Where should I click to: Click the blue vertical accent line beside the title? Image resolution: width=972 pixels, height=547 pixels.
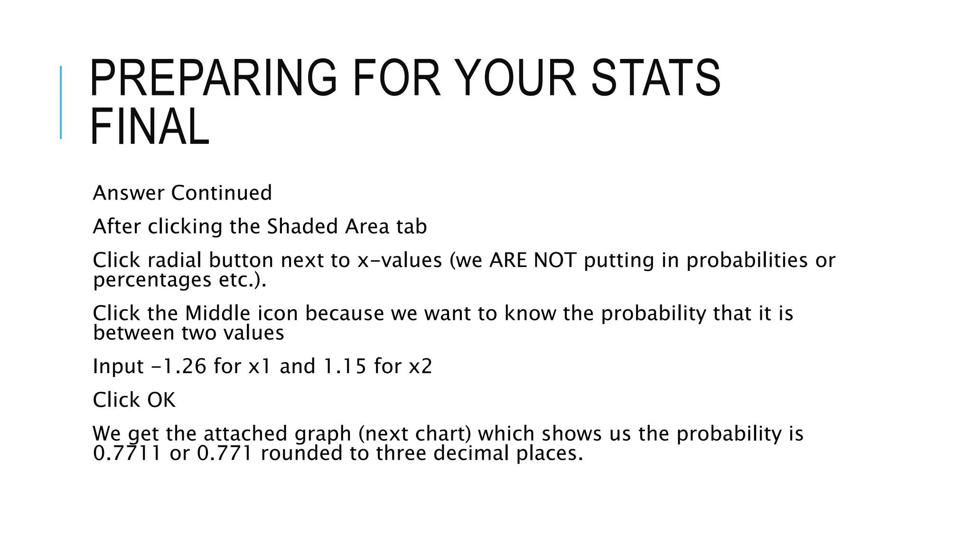tap(61, 102)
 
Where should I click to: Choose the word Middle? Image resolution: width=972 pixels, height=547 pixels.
tap(217, 313)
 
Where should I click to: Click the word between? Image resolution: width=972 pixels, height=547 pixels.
tap(134, 333)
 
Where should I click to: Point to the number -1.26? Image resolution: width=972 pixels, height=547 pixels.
tap(178, 366)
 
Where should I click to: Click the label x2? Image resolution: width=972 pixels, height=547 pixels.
tap(421, 366)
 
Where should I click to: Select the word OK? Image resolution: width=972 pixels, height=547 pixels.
tap(161, 400)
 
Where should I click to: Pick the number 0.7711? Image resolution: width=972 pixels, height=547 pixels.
tap(127, 453)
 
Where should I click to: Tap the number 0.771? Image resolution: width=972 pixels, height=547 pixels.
tap(224, 453)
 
